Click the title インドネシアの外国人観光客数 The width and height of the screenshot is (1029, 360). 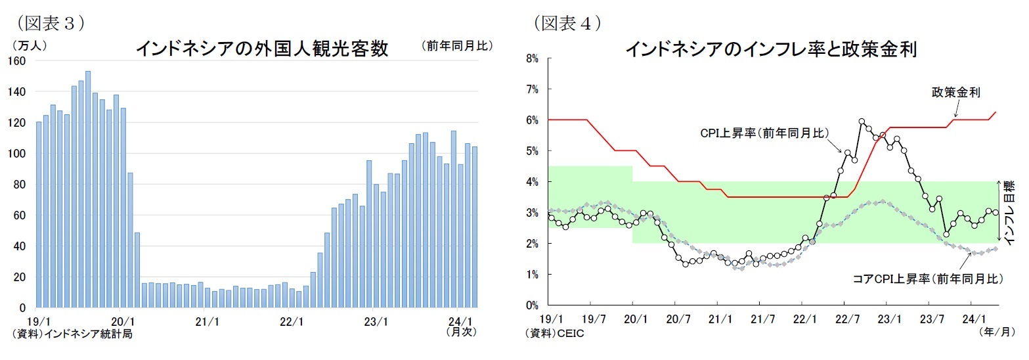(261, 49)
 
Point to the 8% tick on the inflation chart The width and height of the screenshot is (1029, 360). (531, 58)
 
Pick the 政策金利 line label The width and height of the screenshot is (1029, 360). (955, 93)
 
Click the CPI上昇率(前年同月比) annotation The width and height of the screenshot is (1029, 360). (764, 133)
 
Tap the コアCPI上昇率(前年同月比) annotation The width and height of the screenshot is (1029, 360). (928, 279)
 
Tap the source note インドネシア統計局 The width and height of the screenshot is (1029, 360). (72, 334)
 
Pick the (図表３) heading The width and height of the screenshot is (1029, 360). (49, 23)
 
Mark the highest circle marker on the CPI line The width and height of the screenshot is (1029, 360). (861, 122)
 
